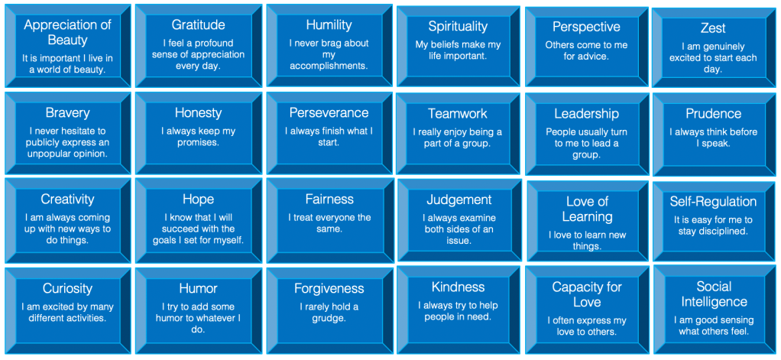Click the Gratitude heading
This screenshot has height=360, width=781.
[x=198, y=25]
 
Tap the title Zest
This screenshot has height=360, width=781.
[x=713, y=28]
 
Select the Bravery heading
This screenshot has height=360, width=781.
[x=67, y=113]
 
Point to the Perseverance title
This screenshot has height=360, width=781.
[x=329, y=113]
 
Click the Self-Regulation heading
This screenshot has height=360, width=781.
[x=713, y=201]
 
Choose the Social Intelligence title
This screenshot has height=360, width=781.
[x=714, y=294]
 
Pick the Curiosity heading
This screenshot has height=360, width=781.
[x=67, y=288]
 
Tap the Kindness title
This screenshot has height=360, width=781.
[x=458, y=287]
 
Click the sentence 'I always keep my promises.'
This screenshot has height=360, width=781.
[x=198, y=137]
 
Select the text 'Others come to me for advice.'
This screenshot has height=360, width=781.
[x=585, y=50]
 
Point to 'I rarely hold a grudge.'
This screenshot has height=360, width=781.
[x=329, y=312]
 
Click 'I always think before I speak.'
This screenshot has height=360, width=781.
[x=713, y=138]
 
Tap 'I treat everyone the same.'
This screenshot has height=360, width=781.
[x=329, y=223]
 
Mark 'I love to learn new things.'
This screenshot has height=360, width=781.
[x=587, y=241]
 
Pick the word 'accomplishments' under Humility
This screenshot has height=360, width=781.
[x=329, y=66]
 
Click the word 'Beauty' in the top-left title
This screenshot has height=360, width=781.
[x=67, y=39]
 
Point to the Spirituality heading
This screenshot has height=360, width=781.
[x=458, y=26]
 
